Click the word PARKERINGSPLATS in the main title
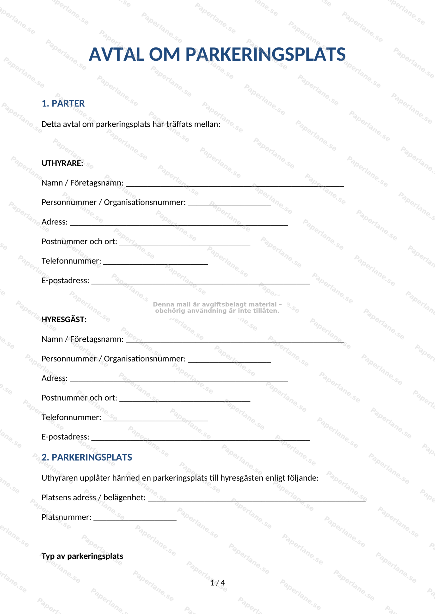[x=265, y=54]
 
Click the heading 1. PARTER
[x=63, y=103]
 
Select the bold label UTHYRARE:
[x=62, y=163]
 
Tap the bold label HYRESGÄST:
[x=64, y=319]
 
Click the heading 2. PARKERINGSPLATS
[x=87, y=457]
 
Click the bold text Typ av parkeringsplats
[x=82, y=556]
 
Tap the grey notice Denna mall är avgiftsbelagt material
[x=217, y=307]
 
